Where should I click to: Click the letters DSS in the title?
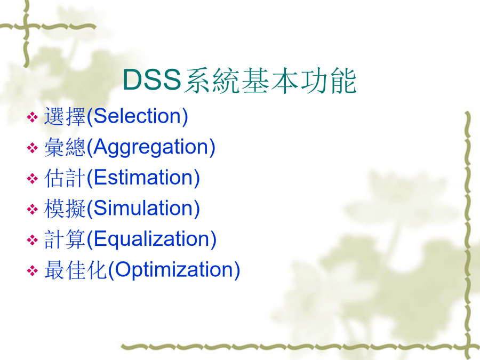tap(152, 79)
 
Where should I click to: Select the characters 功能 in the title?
tap(329, 80)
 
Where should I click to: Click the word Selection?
tap(138, 116)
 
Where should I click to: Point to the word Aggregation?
tap(151, 148)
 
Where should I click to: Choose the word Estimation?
tap(144, 178)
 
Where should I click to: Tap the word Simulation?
tap(144, 208)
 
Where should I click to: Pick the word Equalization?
tap(152, 239)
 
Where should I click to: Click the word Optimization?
tap(174, 270)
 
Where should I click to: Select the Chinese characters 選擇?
tap(65, 116)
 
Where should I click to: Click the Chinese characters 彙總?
tap(65, 147)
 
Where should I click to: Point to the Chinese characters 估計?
tap(65, 178)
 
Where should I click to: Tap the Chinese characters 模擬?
tap(65, 209)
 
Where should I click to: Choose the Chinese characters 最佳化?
tap(75, 270)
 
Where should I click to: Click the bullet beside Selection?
tap(32, 117)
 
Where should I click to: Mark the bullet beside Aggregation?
tap(32, 148)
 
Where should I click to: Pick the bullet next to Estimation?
tap(32, 179)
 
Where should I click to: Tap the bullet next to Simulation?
tap(32, 210)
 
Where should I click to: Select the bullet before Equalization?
tap(32, 239)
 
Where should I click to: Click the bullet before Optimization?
tap(32, 270)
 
